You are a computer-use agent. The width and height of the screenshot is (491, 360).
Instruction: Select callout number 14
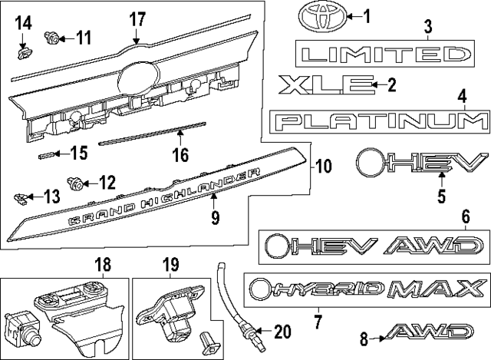[25, 22]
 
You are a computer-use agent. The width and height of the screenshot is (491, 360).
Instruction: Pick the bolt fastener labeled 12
[76, 183]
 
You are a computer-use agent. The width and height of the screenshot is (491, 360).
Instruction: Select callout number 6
[465, 216]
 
